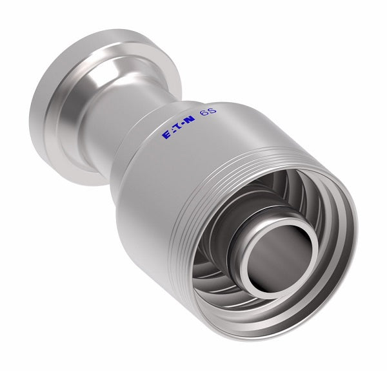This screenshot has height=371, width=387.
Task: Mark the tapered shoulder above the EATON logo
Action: [161, 110]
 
